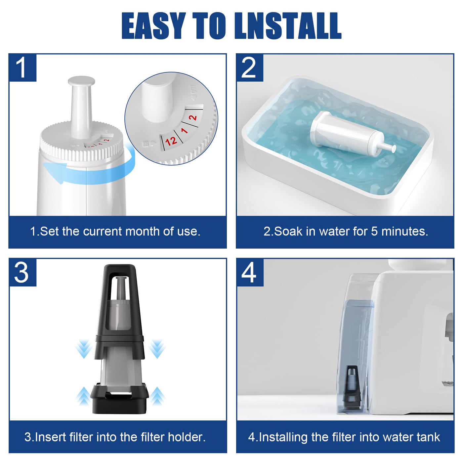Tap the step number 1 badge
point(22,68)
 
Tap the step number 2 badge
point(250,68)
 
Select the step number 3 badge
point(22,273)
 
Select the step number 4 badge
point(250,273)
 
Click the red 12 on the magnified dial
point(171,141)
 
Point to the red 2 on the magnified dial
point(193,117)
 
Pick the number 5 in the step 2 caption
point(374,232)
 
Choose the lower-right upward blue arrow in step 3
point(157,396)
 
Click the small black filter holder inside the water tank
point(352,381)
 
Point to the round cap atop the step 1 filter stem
point(81,81)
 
